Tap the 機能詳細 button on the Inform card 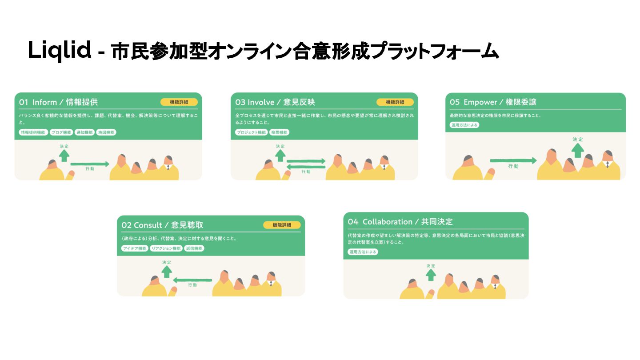(x=179, y=102)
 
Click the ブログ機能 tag (x=61, y=132)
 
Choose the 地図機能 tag (x=106, y=132)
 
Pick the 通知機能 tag (x=84, y=132)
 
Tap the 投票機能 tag (x=279, y=132)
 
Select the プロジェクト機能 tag (x=251, y=132)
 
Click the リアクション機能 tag (x=166, y=248)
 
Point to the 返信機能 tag (x=194, y=248)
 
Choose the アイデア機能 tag (x=135, y=248)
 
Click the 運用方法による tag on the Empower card (x=464, y=125)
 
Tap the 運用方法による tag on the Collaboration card (x=363, y=252)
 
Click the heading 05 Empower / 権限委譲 (x=493, y=102)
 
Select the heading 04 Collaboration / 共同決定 (x=400, y=222)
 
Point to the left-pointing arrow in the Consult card (x=192, y=280)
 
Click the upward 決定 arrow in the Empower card (x=577, y=150)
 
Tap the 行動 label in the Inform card (x=89, y=169)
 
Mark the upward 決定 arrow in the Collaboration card (x=431, y=275)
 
